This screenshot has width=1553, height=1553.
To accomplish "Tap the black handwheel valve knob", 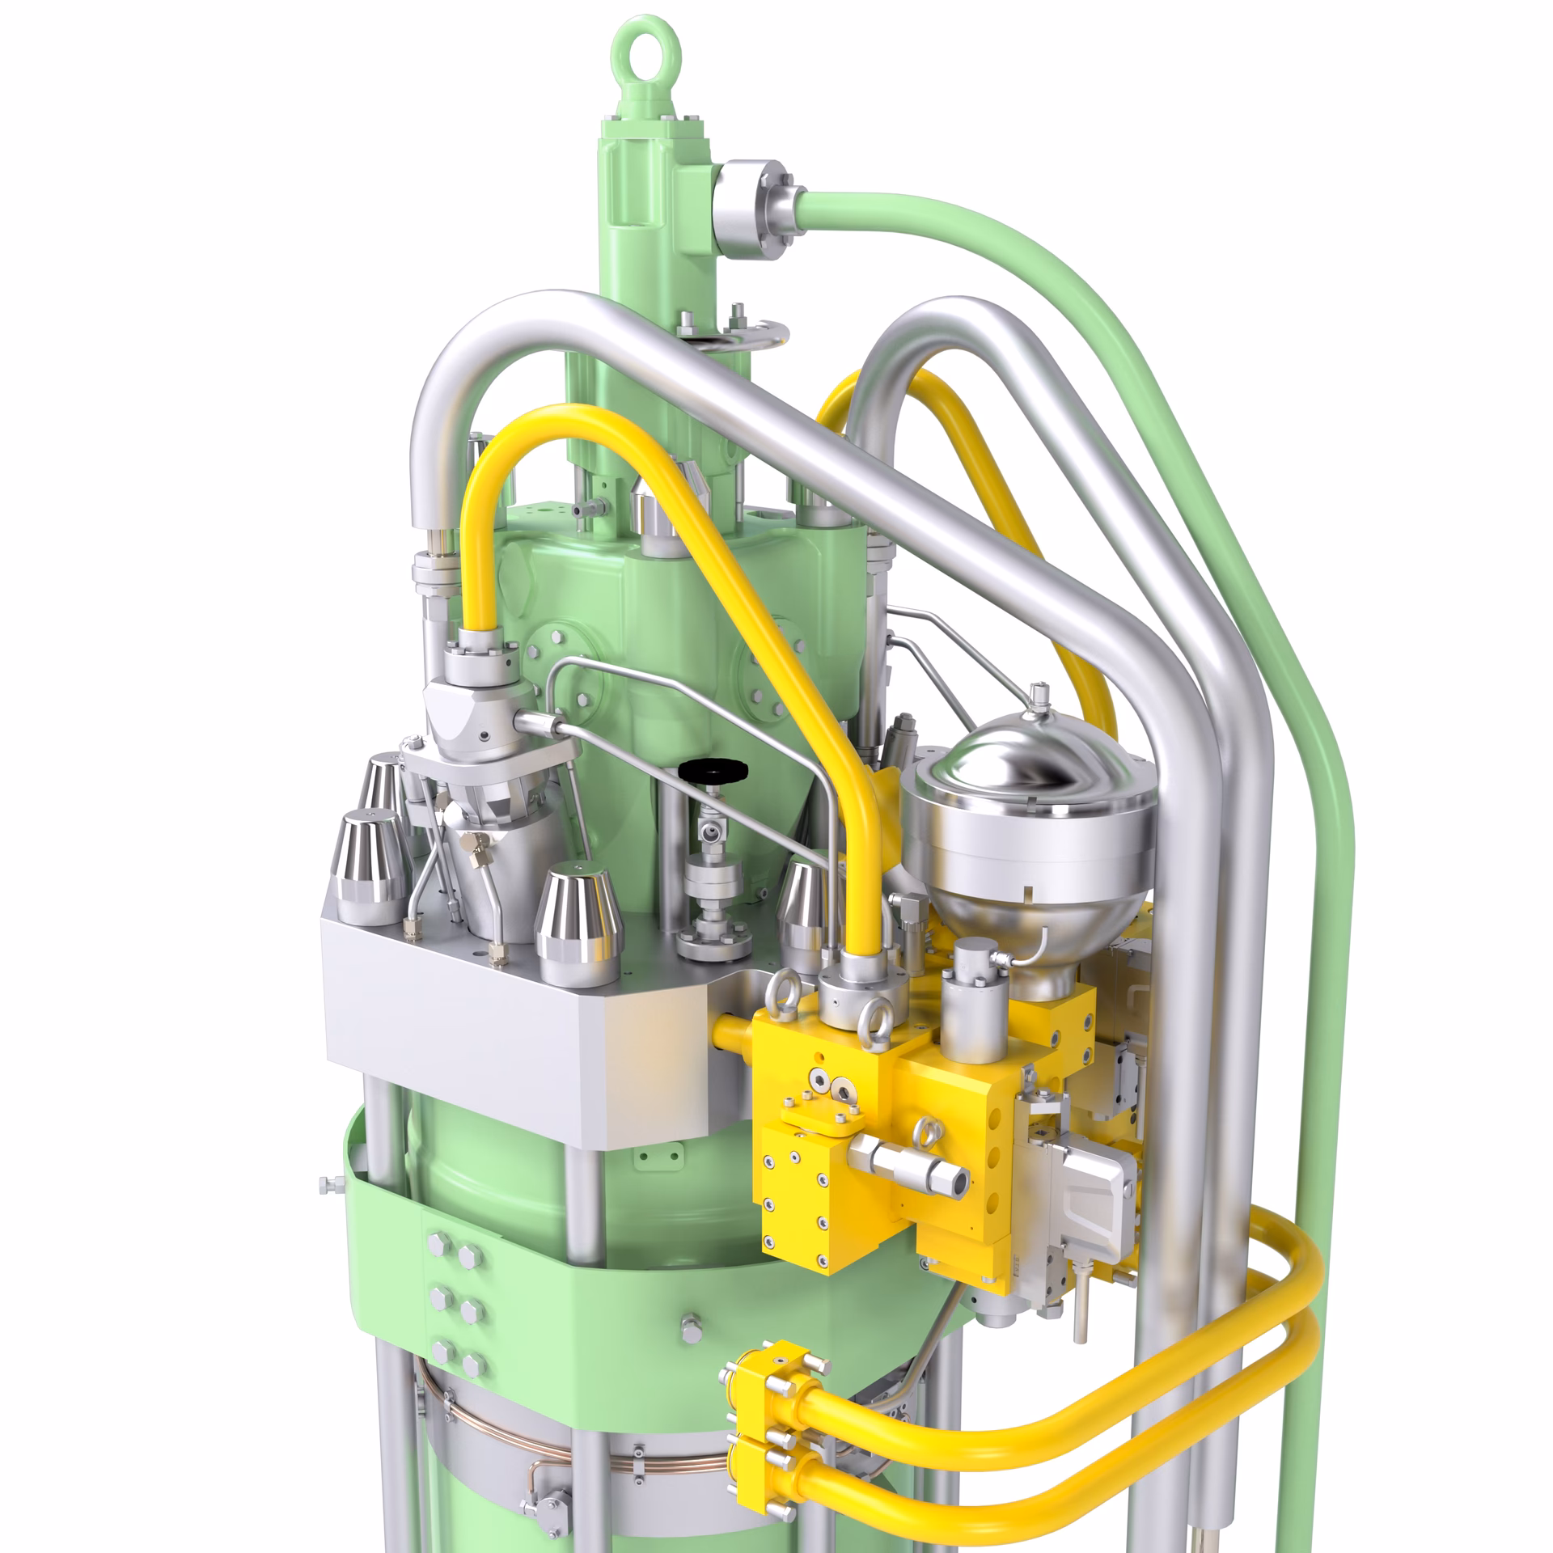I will coord(713,771).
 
